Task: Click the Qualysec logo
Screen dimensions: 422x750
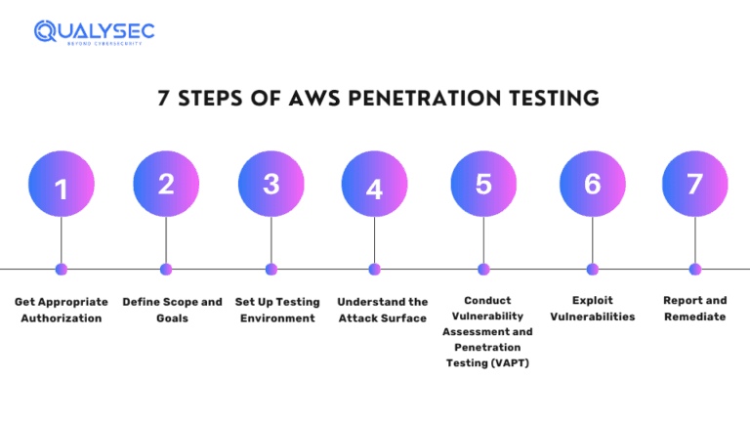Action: [x=94, y=32]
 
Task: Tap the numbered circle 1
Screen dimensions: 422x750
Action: [x=62, y=185]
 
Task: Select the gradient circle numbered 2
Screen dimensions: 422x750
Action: [x=166, y=185]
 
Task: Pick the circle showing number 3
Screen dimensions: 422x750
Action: [x=271, y=185]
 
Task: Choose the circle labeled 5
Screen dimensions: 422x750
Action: [x=483, y=185]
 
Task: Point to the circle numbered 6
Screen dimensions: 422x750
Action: [x=592, y=185]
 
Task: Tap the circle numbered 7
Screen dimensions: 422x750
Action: [x=694, y=185]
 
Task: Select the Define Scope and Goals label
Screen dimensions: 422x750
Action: [x=172, y=311]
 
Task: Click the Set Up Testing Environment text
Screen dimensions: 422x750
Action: [x=277, y=311]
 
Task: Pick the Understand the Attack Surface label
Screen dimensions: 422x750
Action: [x=383, y=311]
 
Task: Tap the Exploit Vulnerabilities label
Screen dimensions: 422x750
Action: [x=592, y=309]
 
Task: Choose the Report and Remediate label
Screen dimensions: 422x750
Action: [x=694, y=309]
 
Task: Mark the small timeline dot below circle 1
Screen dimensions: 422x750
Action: [x=62, y=269]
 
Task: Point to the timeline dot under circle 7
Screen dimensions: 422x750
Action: [x=694, y=269]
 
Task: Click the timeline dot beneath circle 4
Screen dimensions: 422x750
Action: [x=374, y=269]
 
